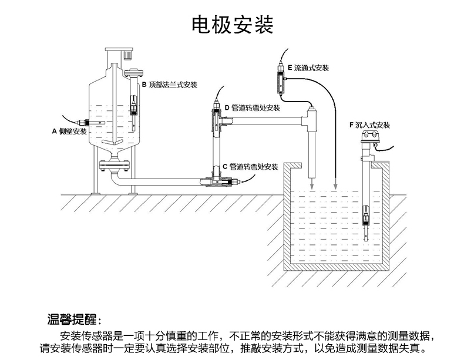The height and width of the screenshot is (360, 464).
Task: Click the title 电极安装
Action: (x=233, y=25)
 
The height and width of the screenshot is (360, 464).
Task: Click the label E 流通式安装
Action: (x=307, y=68)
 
